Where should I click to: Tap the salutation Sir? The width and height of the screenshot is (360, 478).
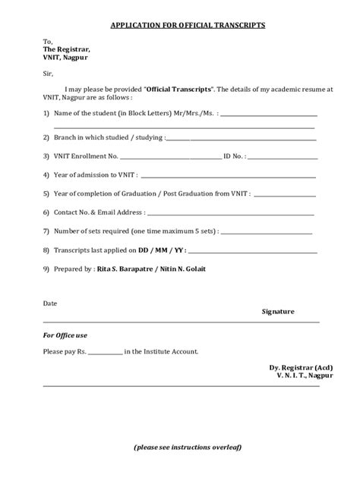(49, 74)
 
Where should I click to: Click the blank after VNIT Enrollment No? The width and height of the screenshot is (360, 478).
(169, 156)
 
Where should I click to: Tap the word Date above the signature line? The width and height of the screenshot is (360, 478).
(50, 303)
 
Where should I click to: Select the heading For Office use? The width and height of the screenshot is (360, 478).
(66, 335)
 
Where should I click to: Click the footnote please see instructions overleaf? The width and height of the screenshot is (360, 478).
(187, 448)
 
